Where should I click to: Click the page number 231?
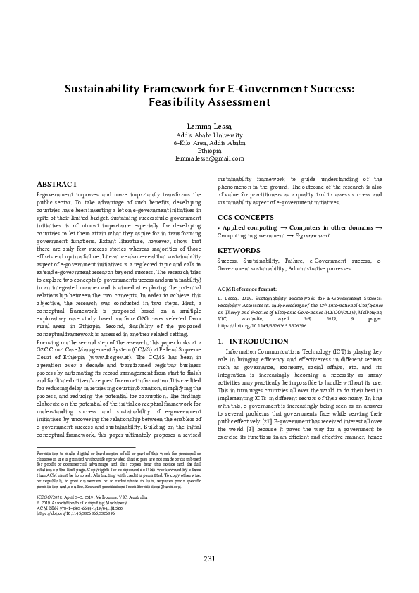[x=209, y=558]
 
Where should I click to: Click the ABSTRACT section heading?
[x=56, y=183]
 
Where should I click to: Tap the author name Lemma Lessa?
[x=209, y=126]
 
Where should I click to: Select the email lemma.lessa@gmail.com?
[x=209, y=159]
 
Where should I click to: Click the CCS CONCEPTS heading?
[x=246, y=217]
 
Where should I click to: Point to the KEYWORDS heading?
[x=239, y=250]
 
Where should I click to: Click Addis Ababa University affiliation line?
[x=209, y=135]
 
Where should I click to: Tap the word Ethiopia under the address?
[x=209, y=151]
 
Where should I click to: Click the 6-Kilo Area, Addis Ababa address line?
[x=209, y=143]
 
